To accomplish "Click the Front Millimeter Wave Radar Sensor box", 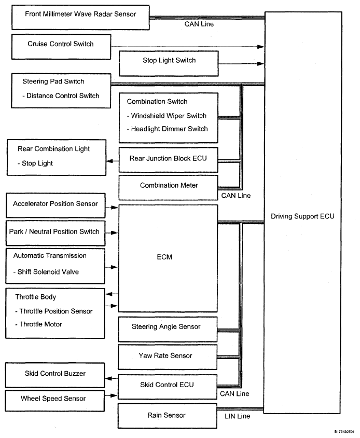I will tap(80, 17).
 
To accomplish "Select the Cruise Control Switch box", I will tap(61, 47).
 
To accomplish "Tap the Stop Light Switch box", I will tap(169, 63).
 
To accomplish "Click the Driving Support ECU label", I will tap(303, 216).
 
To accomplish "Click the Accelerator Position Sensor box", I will tap(55, 207).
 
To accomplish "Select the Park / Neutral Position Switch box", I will tap(55, 234).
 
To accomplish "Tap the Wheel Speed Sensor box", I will tap(55, 401).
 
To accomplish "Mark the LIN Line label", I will tap(237, 416).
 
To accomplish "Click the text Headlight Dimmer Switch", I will tap(167, 129).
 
